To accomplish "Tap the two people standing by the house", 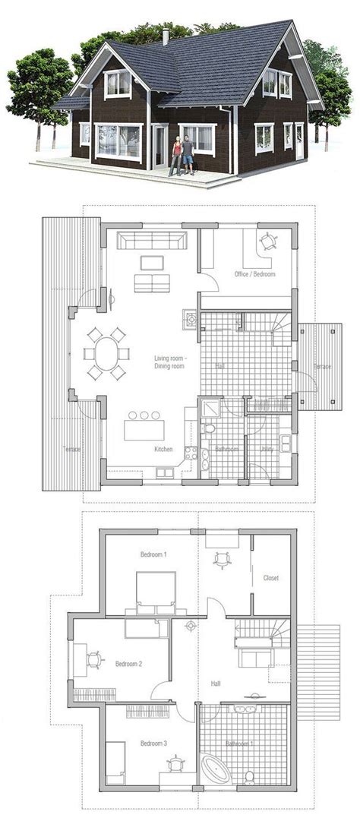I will pyautogui.click(x=182, y=155).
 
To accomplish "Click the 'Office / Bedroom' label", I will pyautogui.click(x=254, y=273).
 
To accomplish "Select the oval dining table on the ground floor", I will pyautogui.click(x=106, y=353).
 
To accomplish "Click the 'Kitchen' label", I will pyautogui.click(x=163, y=450).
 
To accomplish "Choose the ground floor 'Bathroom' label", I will pyautogui.click(x=226, y=450).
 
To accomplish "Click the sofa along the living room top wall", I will pyautogui.click(x=150, y=242).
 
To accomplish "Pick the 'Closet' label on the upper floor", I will pyautogui.click(x=271, y=578).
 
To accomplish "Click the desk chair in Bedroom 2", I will pyautogui.click(x=95, y=658).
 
